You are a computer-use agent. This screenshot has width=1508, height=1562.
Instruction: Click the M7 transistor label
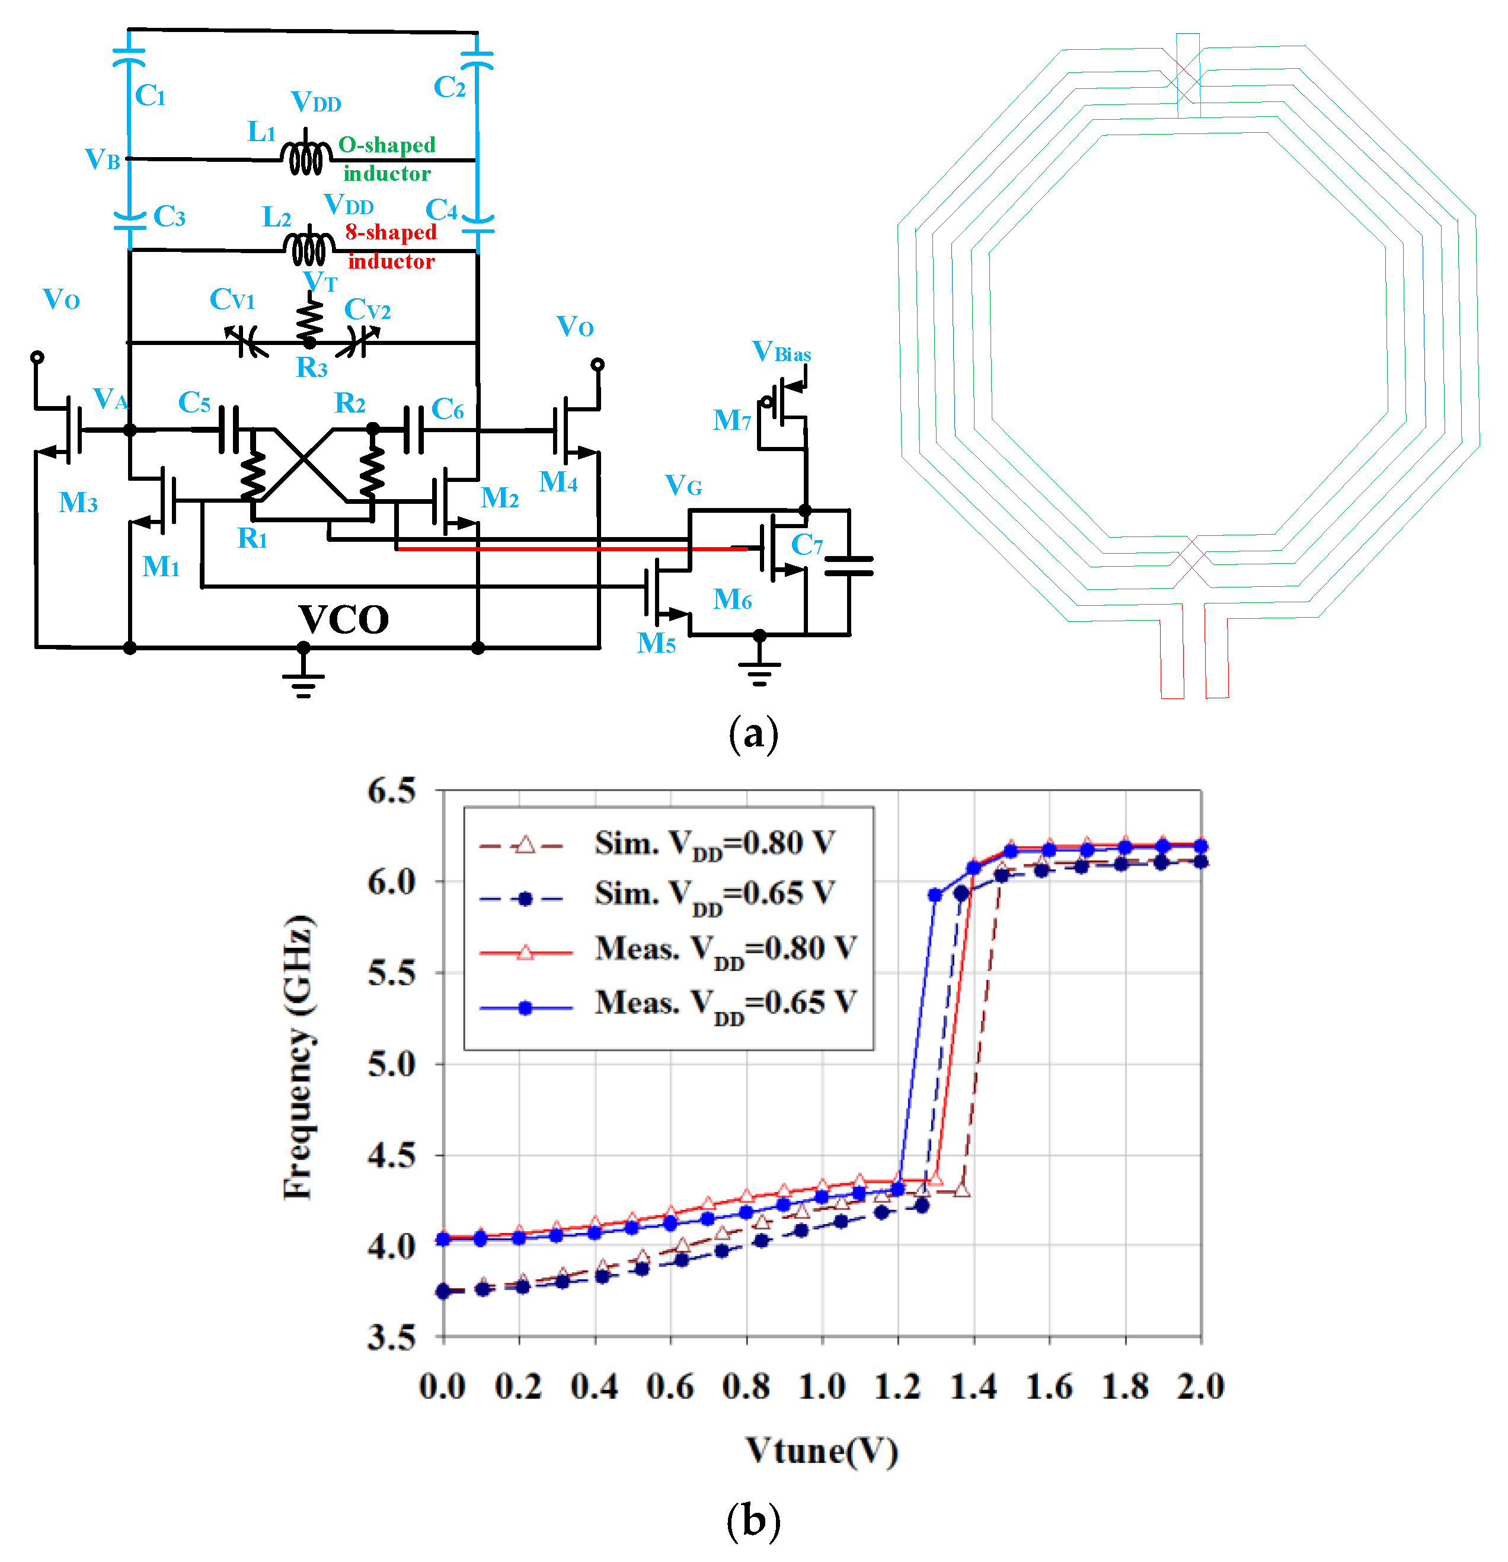click(731, 420)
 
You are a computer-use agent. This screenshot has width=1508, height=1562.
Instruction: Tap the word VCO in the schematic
click(344, 619)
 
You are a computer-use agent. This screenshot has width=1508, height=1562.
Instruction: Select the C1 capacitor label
click(150, 95)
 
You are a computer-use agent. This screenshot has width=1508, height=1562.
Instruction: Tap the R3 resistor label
click(312, 368)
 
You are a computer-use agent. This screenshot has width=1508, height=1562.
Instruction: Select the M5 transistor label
click(656, 643)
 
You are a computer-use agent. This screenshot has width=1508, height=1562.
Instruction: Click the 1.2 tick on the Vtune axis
click(897, 1387)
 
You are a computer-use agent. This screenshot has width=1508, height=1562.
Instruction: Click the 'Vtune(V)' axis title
click(821, 1451)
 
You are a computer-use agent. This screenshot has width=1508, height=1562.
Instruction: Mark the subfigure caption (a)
click(752, 734)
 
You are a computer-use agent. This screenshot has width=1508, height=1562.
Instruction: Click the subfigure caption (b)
click(752, 1520)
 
